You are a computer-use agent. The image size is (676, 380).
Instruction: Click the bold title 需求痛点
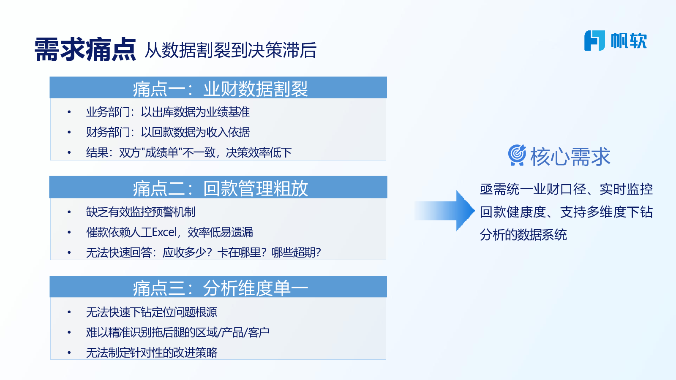point(85,49)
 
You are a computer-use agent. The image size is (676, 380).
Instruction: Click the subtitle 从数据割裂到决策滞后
point(231,50)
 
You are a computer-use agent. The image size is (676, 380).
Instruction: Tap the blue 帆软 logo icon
point(594,41)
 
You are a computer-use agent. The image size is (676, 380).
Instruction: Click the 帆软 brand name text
point(629,41)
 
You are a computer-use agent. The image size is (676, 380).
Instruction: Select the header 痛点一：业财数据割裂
point(220,89)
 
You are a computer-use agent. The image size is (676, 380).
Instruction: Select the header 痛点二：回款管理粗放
point(220,188)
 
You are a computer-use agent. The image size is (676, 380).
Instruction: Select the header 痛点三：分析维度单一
point(220,288)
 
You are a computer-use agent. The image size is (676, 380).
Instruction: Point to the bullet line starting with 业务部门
point(168,112)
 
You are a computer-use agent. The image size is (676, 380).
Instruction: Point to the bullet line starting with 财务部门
point(168,132)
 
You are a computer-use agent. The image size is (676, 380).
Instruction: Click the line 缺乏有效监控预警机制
point(141,212)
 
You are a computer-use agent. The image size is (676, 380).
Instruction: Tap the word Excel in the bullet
point(164,232)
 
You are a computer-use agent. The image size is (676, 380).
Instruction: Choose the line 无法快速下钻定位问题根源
point(152,312)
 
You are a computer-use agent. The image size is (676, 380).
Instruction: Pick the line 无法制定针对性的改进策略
point(152,352)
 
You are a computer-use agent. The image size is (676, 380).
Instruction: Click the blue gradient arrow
point(444,211)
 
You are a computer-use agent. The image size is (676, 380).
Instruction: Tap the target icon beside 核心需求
point(517,155)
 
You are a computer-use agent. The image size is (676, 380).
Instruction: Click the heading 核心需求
point(570,157)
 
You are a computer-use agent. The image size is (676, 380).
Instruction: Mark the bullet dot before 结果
point(69,152)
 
